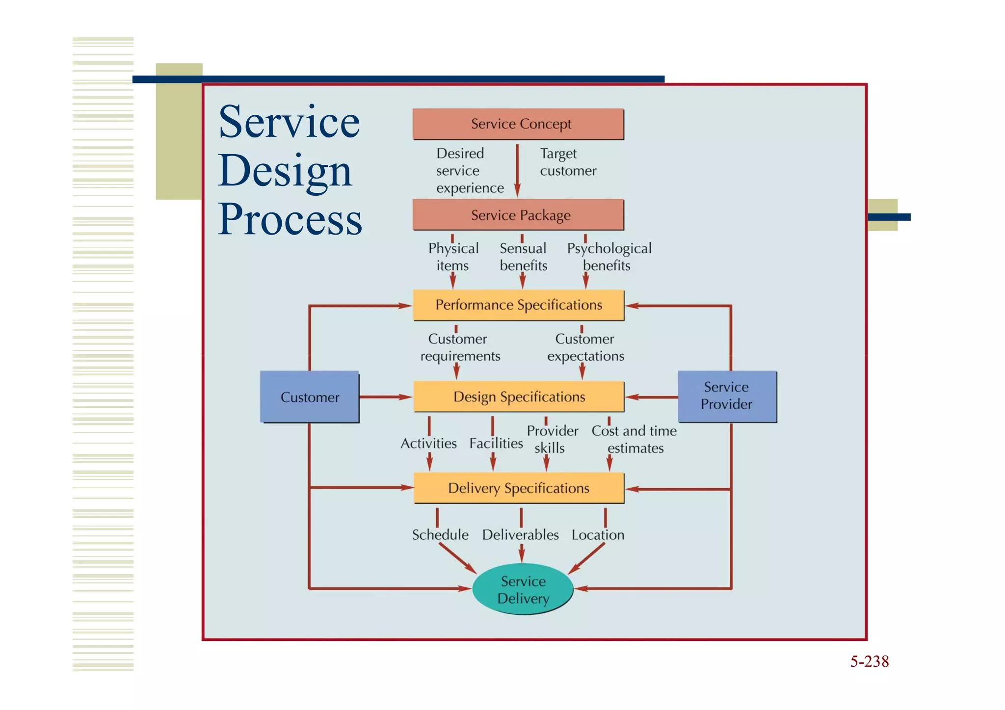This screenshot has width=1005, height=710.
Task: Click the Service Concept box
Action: pos(518,124)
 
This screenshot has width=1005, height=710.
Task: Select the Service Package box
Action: pos(518,215)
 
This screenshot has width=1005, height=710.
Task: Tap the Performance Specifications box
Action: pos(518,305)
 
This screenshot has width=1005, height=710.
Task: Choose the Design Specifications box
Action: pos(518,396)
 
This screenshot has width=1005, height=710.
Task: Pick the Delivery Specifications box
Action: pos(518,488)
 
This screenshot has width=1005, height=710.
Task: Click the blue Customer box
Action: pos(310,397)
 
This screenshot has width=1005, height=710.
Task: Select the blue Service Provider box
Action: pos(727,396)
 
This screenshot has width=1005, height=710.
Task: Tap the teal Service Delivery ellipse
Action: pos(523,589)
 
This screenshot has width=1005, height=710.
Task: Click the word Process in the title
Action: pos(290,219)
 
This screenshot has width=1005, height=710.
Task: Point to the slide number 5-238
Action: pos(869,661)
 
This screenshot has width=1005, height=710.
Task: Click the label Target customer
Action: pos(567,162)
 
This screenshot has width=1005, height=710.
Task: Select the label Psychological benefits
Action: pos(608,257)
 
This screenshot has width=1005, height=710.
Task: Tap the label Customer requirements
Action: pos(460,347)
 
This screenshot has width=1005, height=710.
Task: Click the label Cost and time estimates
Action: pos(634,439)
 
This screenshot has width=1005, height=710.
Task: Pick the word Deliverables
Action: pos(520,535)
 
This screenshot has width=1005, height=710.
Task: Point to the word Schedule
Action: pos(440,535)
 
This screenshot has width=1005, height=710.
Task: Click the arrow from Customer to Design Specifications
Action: pos(385,396)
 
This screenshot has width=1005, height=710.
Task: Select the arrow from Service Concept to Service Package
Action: pos(517,169)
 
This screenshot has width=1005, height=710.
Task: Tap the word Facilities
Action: pos(496,444)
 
